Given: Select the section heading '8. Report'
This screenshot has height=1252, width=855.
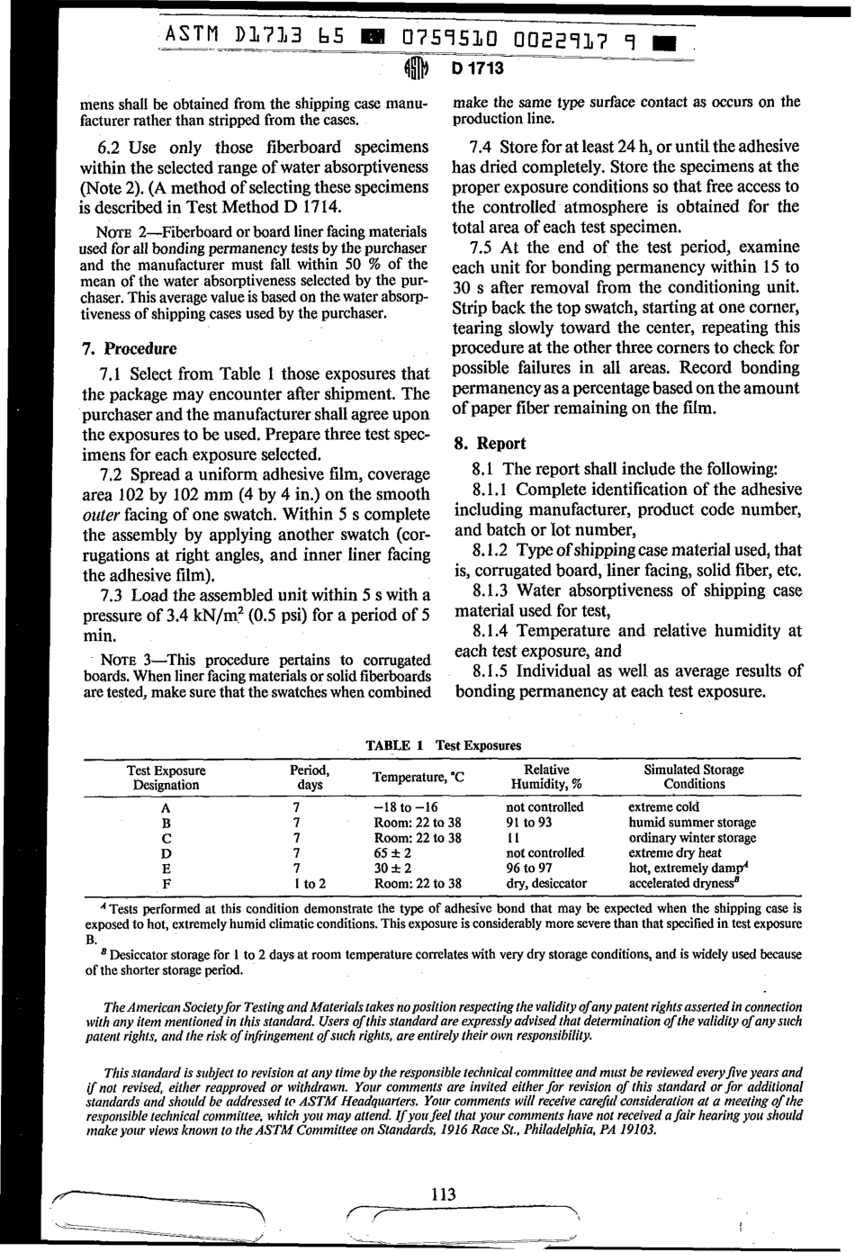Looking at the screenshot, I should (490, 443).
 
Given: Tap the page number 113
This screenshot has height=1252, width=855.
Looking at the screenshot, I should (443, 1194).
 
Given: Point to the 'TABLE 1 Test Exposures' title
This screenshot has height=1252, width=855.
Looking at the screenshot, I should (443, 745).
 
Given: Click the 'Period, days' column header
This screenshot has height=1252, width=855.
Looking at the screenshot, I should (309, 777).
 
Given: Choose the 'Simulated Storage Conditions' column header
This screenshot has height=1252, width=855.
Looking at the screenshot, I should (693, 777).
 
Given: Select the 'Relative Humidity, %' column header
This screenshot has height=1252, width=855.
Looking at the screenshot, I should (546, 777).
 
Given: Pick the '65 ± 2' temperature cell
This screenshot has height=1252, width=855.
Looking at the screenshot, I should (393, 853).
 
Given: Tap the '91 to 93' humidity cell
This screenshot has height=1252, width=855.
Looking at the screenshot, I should (529, 823).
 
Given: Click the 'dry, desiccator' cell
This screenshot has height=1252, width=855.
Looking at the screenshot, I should (546, 884).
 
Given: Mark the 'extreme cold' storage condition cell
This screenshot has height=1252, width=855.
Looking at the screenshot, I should (663, 807).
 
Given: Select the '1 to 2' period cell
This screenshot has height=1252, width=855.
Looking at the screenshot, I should (309, 884).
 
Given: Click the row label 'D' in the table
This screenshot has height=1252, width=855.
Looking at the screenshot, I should (166, 853).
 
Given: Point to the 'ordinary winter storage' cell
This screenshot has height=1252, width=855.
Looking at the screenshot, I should (692, 838).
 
